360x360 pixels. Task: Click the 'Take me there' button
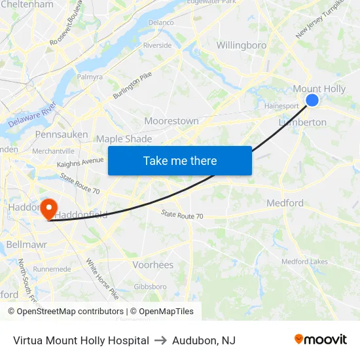pos(180,160)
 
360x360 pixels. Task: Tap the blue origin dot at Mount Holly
pos(312,99)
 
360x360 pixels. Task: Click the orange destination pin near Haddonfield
pos(48,209)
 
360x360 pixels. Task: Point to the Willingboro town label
pos(242,46)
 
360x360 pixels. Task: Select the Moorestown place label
pos(171,121)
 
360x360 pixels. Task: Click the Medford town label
pos(285,203)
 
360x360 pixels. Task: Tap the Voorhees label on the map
pos(153,265)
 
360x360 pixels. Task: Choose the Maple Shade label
pos(124,139)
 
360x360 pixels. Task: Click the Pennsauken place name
pos(62,134)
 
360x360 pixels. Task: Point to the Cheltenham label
pos(27,5)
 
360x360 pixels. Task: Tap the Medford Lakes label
pos(304,262)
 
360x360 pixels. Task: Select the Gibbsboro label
pos(150,287)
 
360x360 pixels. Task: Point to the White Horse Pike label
pos(102,279)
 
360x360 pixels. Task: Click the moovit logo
pos(321,339)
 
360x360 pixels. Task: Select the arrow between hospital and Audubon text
pos(161,340)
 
